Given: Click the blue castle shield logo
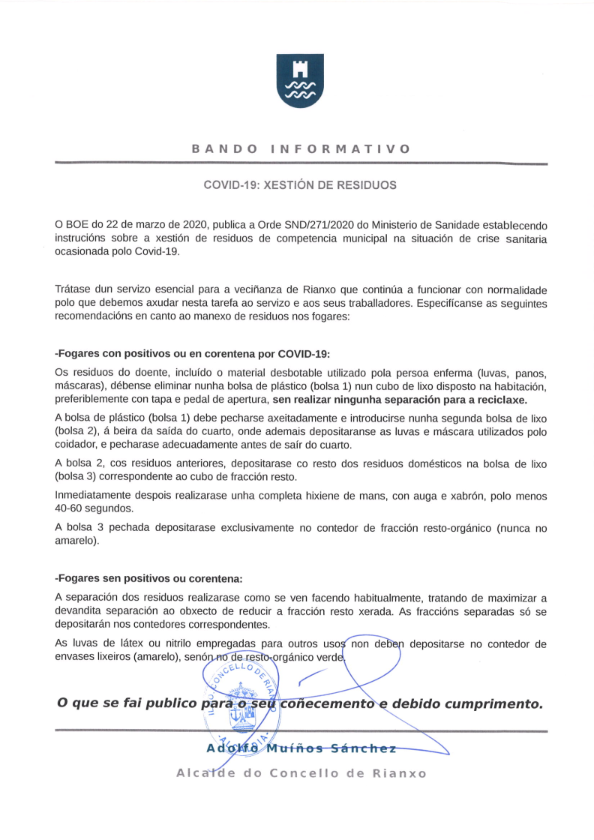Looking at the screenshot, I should [x=300, y=80].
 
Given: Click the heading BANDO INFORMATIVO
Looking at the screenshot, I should [x=301, y=148].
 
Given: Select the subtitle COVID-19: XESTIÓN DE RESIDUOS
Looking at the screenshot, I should [x=300, y=184].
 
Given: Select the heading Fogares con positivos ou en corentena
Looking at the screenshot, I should [x=193, y=353].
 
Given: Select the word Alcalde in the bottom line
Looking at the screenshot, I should [x=201, y=773].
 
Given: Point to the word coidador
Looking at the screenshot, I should [x=77, y=444].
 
